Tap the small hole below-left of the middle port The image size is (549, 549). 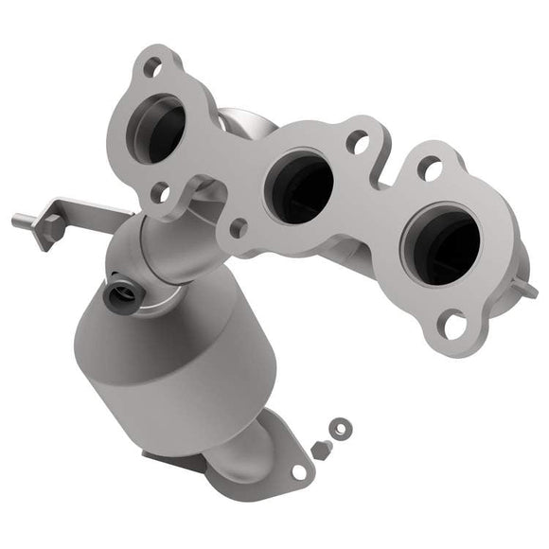(239, 227)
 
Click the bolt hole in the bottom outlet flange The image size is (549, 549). (299, 470)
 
